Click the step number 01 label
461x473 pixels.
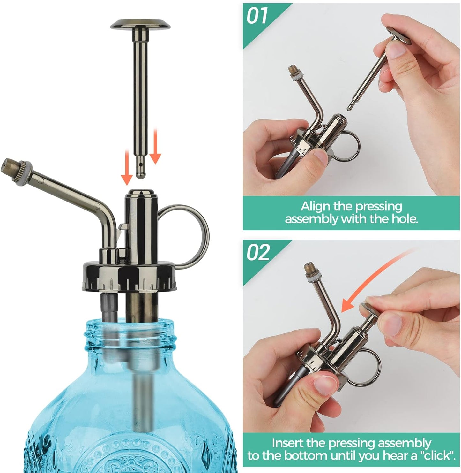[x=257, y=16]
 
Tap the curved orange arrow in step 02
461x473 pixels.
[x=367, y=281]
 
